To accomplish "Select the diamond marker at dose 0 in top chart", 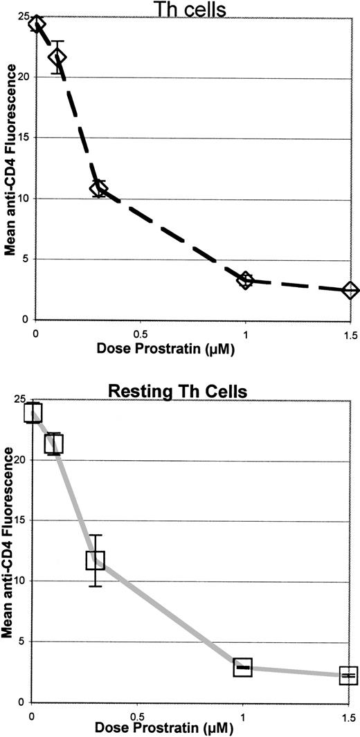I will [x=37, y=24].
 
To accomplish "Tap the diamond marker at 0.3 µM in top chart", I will [x=99, y=188].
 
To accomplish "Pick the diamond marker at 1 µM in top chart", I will [x=245, y=280].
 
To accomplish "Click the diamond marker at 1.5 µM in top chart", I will [x=350, y=290].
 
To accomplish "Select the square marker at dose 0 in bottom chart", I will [x=33, y=412].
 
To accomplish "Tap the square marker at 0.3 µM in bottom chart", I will [x=95, y=560].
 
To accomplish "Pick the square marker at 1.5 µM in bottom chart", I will [x=348, y=675].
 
